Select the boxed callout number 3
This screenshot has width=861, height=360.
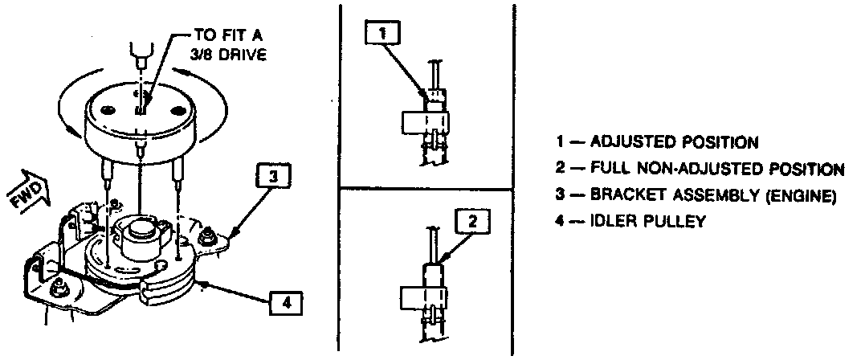(272, 176)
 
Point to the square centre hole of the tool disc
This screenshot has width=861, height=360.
(140, 104)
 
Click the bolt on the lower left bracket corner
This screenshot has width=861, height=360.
(58, 287)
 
